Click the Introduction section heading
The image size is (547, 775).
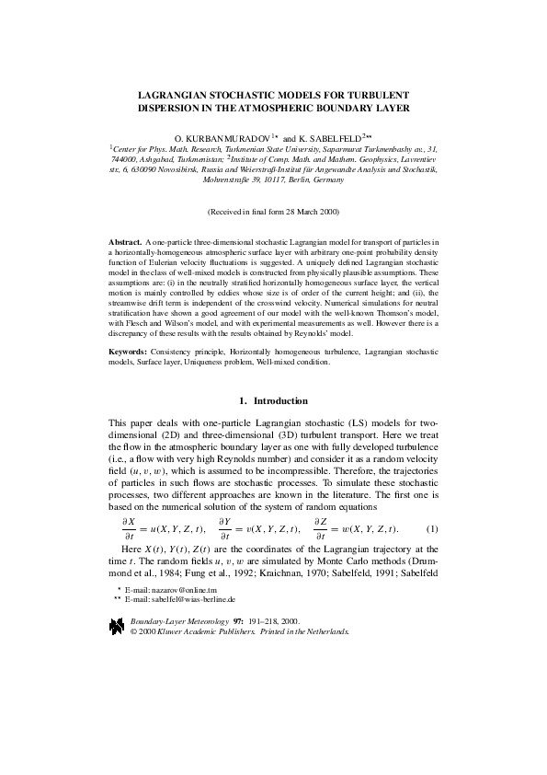pyautogui.click(x=280, y=400)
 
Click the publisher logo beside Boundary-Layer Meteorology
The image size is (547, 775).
pyautogui.click(x=117, y=626)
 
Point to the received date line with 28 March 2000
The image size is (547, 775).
pyautogui.click(x=273, y=211)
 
